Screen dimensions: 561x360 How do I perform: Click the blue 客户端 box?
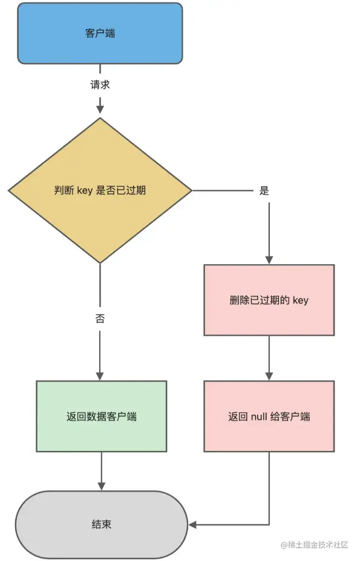coord(100,33)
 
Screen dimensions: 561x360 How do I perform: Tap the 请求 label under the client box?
coord(100,85)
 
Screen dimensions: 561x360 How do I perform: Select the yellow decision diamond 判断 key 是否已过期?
coord(100,190)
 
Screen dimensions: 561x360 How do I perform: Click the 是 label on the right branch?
coord(264,190)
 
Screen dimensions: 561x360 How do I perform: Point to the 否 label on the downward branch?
coord(100,319)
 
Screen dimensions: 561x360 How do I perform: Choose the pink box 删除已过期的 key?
coord(269,300)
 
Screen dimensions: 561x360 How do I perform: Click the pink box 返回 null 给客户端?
coord(269,417)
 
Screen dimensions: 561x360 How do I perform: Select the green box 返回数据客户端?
coord(101,417)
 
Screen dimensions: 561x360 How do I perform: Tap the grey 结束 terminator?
coord(101,524)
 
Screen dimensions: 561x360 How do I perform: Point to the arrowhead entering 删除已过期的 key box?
coord(269,258)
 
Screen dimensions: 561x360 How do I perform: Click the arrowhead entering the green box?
coord(100,374)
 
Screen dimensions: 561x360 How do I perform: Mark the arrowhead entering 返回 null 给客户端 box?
coord(269,374)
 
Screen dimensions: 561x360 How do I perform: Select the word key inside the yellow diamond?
coord(85,190)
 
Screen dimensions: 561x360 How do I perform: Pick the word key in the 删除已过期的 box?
coord(300,300)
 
